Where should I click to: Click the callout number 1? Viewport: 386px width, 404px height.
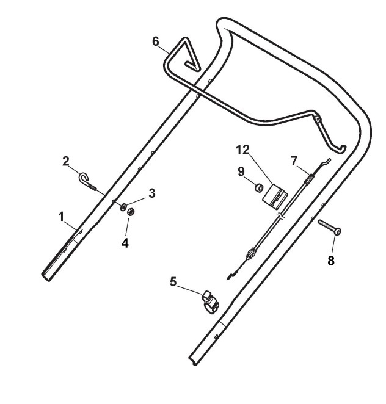click(x=62, y=217)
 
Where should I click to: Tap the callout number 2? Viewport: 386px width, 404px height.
click(x=67, y=161)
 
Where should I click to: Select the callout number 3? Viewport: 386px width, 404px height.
click(x=151, y=193)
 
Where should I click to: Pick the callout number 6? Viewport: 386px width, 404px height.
click(x=156, y=40)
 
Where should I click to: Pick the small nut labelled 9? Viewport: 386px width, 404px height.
click(x=258, y=187)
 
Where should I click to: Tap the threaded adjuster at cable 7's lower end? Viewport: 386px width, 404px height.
click(x=250, y=253)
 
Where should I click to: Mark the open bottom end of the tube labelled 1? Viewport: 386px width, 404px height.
click(x=47, y=276)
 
